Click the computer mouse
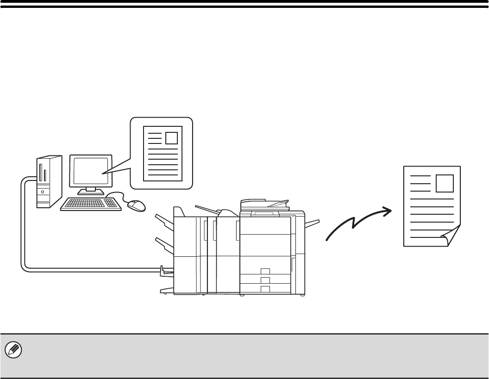click(x=136, y=205)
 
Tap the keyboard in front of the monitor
click(x=91, y=204)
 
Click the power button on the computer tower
click(x=43, y=190)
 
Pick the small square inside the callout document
click(x=171, y=138)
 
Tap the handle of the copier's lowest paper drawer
click(x=265, y=289)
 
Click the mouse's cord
click(x=118, y=194)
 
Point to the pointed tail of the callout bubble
click(x=111, y=170)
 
